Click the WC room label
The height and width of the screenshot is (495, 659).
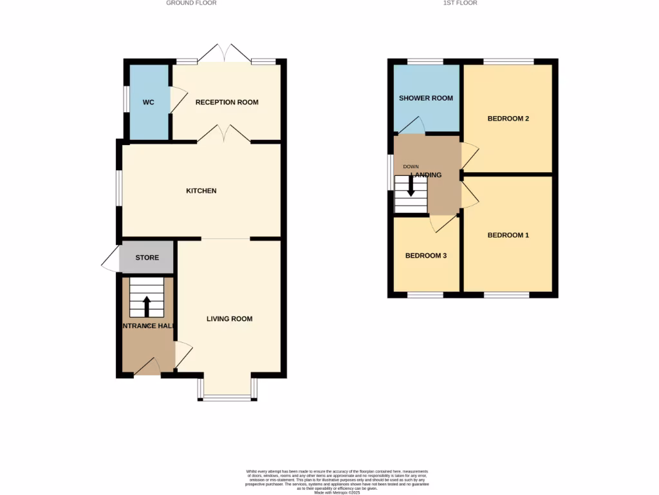coord(149,102)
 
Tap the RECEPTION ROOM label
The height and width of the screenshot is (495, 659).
coord(227,102)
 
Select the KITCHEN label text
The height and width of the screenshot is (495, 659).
coord(201,191)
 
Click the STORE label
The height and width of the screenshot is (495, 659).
coord(147,258)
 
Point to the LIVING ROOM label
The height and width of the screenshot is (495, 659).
coord(229,318)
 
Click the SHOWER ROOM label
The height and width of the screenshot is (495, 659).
coord(425,99)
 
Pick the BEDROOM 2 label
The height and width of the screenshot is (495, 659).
coord(508,119)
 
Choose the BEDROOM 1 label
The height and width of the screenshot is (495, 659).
coord(508,235)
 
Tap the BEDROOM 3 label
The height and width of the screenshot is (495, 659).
coord(425,256)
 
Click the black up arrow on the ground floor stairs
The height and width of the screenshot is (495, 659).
coord(146,306)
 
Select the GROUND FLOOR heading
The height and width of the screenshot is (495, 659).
coord(191,3)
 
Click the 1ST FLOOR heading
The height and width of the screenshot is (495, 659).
coord(460,3)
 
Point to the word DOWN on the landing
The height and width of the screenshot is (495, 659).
coord(411,167)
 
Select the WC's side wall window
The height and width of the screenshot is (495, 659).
coord(127,102)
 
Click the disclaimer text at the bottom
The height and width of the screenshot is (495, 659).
coord(337,482)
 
